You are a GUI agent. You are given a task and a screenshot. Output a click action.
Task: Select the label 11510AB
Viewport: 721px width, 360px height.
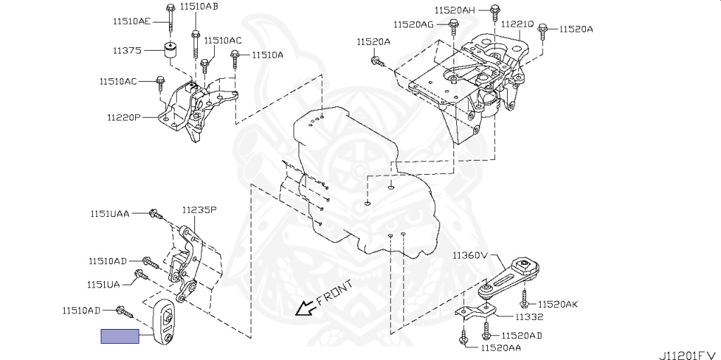199,7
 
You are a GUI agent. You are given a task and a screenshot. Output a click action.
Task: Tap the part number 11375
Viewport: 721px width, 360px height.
127,51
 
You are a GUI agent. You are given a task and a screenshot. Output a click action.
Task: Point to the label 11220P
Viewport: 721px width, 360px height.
124,118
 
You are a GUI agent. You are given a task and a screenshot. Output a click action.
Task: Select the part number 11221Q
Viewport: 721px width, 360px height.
517,24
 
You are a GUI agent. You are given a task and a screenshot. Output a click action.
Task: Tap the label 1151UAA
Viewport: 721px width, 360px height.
109,213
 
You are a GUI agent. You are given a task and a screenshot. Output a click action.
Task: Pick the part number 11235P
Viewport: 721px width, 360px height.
199,210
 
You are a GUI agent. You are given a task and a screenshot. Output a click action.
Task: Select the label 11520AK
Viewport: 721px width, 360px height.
558,304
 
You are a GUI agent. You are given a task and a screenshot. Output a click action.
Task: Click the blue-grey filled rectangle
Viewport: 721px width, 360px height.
120,336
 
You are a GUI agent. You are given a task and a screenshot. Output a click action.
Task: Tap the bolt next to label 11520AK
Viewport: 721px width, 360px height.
525,304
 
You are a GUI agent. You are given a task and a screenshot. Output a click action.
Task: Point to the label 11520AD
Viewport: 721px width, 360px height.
522,335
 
